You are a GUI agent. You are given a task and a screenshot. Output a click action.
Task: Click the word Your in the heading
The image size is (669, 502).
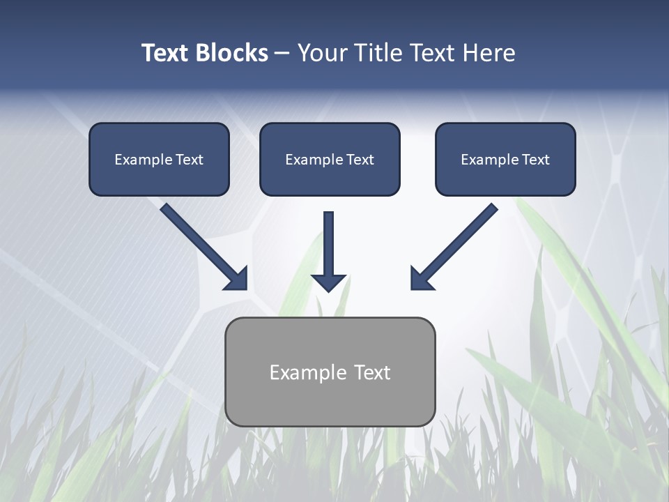click(322, 53)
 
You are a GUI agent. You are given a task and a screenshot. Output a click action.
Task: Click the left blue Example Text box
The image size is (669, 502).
click(159, 159)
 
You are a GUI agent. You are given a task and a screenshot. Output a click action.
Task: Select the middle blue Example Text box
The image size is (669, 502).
click(330, 159)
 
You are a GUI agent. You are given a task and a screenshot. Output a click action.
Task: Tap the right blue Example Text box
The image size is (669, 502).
click(505, 159)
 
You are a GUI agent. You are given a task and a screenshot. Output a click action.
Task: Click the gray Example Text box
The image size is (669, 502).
click(330, 372)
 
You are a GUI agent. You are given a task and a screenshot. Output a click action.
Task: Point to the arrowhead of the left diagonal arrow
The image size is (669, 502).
click(237, 279)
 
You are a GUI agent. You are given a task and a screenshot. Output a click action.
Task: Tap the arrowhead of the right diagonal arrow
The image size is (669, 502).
click(421, 279)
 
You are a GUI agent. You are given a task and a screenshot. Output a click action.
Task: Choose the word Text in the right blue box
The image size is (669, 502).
click(536, 160)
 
